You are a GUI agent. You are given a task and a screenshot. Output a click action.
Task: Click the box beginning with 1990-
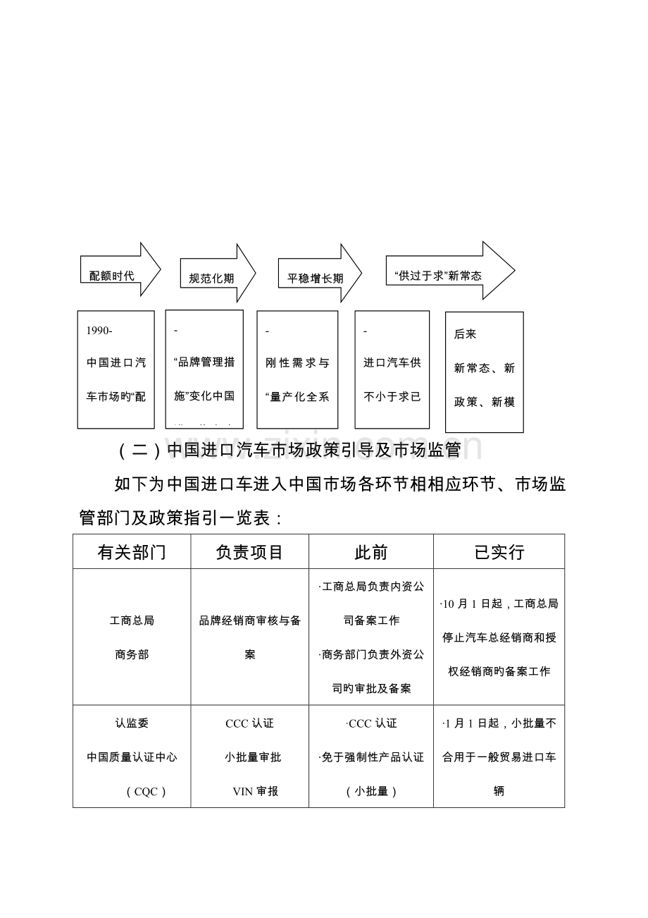[x=116, y=369]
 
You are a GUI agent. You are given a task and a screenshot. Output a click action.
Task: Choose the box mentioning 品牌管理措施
[x=204, y=369]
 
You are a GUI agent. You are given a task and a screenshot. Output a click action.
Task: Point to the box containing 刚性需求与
[x=297, y=369]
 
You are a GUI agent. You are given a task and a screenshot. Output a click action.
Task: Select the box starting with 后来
[x=485, y=372]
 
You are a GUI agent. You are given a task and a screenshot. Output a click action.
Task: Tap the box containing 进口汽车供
[x=392, y=369]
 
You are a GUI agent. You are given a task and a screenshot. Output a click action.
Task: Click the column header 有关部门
[x=132, y=552]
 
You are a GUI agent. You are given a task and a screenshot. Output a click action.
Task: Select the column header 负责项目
[x=249, y=552]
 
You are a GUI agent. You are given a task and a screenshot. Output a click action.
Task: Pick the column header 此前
[x=370, y=552]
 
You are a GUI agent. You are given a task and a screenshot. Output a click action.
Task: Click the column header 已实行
[x=499, y=552]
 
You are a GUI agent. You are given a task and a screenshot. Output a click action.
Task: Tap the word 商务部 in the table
[x=132, y=654]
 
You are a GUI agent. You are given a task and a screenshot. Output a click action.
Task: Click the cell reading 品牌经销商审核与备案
[x=249, y=637]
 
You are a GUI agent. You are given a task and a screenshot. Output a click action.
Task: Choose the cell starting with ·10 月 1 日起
[x=499, y=637]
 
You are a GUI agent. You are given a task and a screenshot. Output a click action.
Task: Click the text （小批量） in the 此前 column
[x=371, y=791]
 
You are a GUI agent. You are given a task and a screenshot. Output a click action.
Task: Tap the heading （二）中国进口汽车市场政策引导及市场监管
[x=289, y=449]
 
